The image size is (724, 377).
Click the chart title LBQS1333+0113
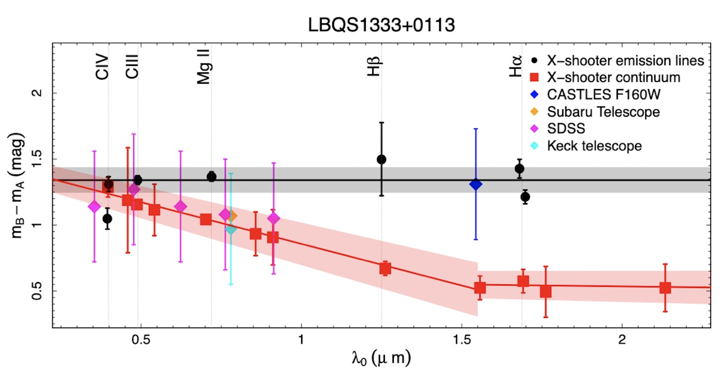click(x=381, y=25)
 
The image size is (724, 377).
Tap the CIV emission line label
click(x=102, y=67)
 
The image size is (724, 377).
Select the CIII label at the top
click(x=132, y=67)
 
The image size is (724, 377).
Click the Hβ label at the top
click(x=374, y=67)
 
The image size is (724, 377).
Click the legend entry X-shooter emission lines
click(x=625, y=61)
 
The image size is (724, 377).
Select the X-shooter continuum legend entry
click(x=613, y=77)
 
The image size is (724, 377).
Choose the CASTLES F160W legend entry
click(x=603, y=94)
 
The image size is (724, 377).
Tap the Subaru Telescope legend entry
click(x=603, y=112)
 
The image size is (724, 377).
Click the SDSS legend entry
click(x=566, y=128)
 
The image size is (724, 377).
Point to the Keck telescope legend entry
click(x=594, y=145)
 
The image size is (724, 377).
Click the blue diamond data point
click(x=475, y=185)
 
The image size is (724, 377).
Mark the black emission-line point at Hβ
click(x=381, y=160)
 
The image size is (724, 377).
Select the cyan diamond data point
click(x=231, y=229)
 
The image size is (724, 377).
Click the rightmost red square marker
click(x=665, y=288)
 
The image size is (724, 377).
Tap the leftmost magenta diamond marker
click(x=94, y=207)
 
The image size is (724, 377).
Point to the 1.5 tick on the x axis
click(x=462, y=339)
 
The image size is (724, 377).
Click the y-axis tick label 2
click(x=37, y=93)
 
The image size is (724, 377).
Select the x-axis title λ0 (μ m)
click(x=381, y=358)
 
